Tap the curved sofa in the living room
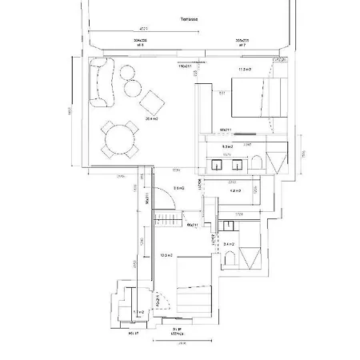click(101, 83)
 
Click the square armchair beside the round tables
click(150, 102)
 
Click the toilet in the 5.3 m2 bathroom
click(257, 164)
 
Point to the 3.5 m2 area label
click(178, 189)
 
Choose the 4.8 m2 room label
click(235, 192)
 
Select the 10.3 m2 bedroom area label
click(166, 256)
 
